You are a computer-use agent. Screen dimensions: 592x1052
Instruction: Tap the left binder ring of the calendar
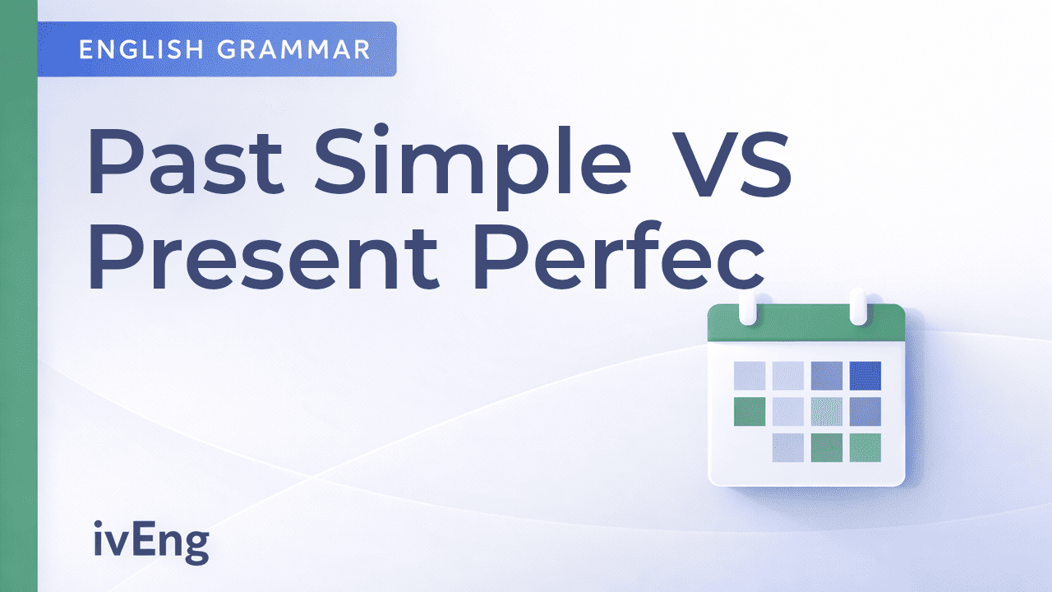tap(748, 306)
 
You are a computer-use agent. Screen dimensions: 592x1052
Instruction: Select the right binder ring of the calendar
tap(857, 306)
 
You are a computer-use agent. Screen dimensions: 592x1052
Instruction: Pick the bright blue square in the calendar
tap(865, 375)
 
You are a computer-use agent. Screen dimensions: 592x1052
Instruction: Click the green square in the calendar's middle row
tap(749, 411)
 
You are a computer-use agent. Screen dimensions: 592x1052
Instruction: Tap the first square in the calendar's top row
tap(749, 375)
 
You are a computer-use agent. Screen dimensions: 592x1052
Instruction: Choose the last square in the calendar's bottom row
tap(865, 447)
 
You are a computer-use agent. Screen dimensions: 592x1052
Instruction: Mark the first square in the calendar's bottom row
tap(787, 447)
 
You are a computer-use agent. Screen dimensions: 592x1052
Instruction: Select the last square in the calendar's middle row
tap(865, 411)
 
